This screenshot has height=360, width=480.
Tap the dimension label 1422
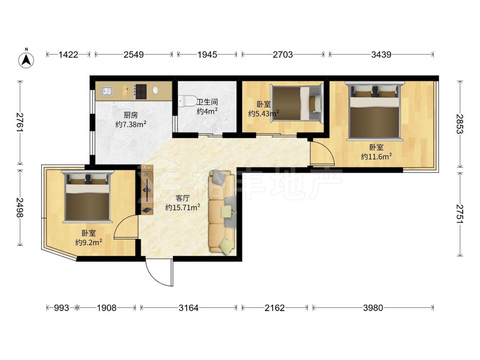click(68, 55)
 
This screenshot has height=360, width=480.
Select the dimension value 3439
click(381, 55)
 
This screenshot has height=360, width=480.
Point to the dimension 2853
click(460, 124)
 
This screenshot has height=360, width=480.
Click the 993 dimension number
click(61, 308)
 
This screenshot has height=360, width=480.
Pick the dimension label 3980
click(373, 308)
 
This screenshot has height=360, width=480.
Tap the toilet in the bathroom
click(187, 100)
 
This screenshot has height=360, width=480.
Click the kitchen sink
click(107, 91)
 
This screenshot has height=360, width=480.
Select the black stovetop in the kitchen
click(141, 92)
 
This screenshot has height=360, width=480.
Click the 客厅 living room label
click(182, 198)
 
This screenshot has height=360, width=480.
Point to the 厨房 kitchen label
click(131, 115)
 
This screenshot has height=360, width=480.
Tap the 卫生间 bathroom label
click(207, 102)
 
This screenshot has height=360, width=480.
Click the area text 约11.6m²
click(376, 157)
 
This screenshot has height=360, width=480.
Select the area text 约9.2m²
click(89, 242)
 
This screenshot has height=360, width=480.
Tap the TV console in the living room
click(147, 190)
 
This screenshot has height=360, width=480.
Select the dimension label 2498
click(20, 207)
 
